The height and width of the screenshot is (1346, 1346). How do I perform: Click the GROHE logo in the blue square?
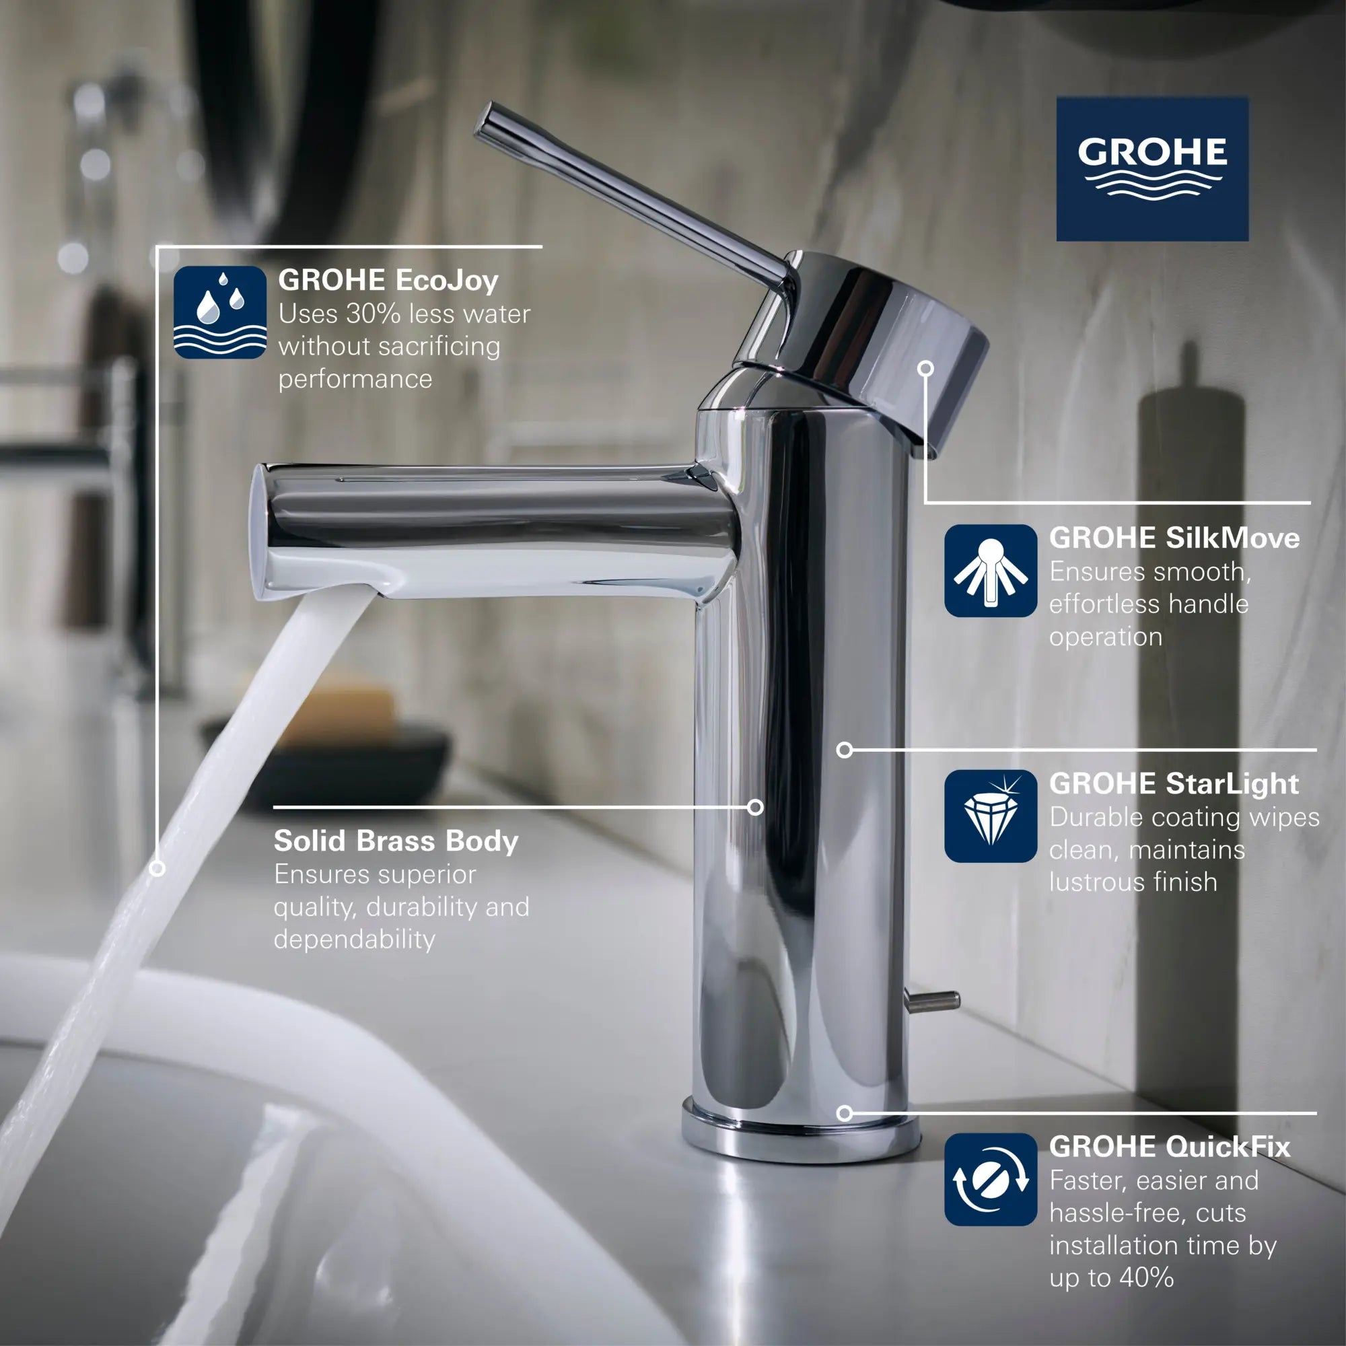1152,169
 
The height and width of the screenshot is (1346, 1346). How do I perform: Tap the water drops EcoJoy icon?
219,312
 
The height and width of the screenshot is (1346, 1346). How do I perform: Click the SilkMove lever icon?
990,570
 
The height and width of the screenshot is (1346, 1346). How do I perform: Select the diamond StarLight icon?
990,816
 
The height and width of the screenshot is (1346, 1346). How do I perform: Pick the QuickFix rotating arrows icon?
990,1179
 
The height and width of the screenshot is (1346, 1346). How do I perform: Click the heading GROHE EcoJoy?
388,280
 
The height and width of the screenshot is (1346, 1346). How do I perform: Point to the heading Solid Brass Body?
395,841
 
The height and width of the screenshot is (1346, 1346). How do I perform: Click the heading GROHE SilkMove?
1174,538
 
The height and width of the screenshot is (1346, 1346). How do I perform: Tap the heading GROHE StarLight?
1173,784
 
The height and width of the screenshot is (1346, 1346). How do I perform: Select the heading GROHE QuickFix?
1169,1147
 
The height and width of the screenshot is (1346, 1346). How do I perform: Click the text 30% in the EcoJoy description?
373,314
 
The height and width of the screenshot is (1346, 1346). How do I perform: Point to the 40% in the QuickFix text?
1147,1278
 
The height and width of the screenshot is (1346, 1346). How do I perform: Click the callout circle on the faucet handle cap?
925,369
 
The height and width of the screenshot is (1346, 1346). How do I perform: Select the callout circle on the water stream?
157,869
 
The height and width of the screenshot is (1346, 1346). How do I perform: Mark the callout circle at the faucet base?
845,1113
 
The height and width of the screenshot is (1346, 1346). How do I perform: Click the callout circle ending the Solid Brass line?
755,807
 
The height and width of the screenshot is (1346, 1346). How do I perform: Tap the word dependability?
354,940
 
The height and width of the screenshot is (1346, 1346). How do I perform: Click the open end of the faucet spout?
260,533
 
